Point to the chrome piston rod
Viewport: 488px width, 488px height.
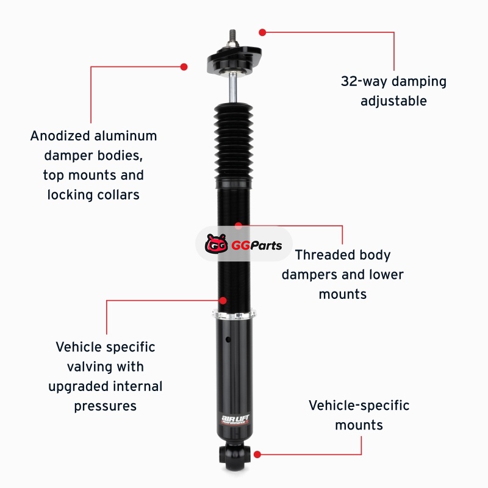(233, 88)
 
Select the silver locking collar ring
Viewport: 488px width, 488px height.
(234, 314)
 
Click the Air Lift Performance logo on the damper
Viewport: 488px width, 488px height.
(235, 419)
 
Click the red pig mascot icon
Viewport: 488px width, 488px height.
(216, 243)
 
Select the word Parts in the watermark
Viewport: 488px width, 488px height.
(266, 246)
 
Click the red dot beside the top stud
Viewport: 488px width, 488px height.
(262, 32)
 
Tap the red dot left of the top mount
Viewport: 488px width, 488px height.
(184, 67)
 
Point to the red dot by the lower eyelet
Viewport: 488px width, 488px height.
(257, 454)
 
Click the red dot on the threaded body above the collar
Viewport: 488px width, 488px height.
(223, 300)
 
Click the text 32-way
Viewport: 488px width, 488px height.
(364, 82)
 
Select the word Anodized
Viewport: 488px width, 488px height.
(60, 136)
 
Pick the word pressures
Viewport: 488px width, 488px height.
(105, 406)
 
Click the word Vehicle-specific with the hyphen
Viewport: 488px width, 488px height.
(359, 406)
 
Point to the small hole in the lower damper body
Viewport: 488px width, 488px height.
(228, 339)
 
